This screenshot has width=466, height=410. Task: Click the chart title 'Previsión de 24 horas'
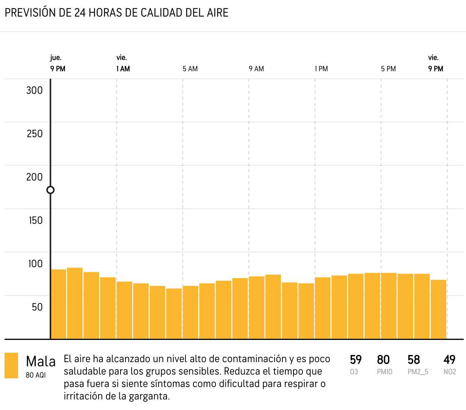coord(116,13)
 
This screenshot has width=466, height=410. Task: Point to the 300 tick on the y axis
coord(34,90)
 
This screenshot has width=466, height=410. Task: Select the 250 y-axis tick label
coord(34,134)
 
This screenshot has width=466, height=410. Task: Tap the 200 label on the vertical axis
coord(34,177)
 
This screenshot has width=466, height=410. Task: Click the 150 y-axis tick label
coord(35,220)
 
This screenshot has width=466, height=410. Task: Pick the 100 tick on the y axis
coord(35,264)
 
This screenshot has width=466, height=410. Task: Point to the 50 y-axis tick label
coord(37,307)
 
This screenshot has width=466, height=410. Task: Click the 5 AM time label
coord(190,69)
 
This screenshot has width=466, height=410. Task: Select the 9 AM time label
coord(256,69)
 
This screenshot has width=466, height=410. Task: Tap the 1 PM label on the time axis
coord(321,69)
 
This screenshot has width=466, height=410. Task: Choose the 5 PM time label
coord(388,69)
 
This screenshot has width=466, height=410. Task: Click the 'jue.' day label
coord(56,58)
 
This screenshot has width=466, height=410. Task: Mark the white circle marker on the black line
coord(50,190)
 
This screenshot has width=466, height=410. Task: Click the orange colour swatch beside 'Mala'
coord(11,365)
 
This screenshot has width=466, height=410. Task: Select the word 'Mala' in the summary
coord(40,362)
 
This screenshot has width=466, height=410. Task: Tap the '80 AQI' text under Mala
coord(35,375)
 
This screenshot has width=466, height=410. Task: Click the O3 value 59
coord(355,360)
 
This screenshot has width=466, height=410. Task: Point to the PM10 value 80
coord(383,360)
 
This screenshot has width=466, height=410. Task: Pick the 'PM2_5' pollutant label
coord(418,372)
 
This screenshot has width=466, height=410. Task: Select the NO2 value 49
coord(449,360)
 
